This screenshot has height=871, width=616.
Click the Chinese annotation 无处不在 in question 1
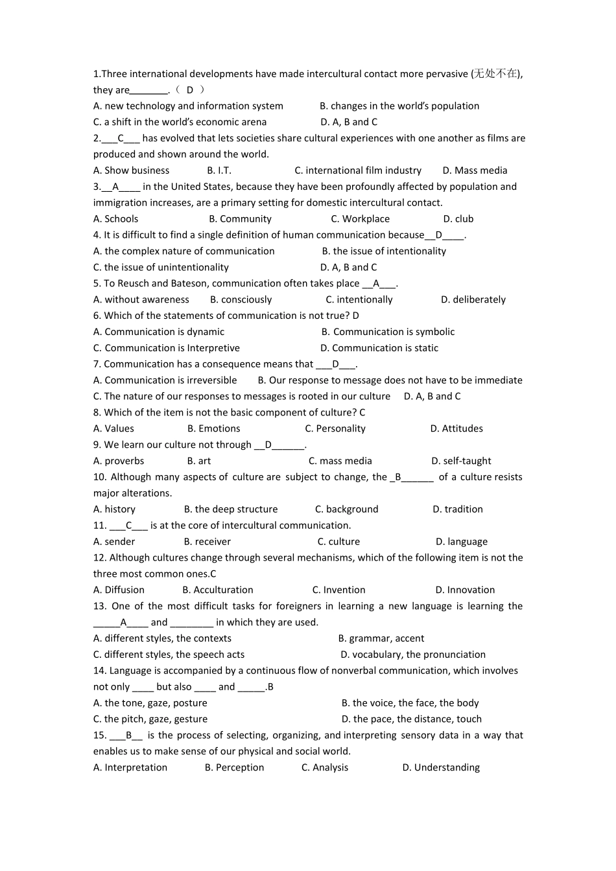click(496, 74)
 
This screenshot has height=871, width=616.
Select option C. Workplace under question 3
click(360, 219)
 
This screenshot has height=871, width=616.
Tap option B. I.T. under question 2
click(219, 170)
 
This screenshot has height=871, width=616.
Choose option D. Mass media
click(475, 170)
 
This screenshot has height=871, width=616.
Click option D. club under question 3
click(458, 219)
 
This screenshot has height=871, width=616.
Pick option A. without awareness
click(141, 299)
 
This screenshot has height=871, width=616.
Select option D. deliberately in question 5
click(473, 299)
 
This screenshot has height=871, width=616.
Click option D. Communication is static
click(379, 348)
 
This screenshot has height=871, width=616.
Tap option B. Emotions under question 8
click(213, 428)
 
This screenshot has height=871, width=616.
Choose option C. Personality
click(335, 428)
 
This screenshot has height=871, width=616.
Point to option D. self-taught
click(461, 461)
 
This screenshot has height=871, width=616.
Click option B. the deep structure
click(231, 509)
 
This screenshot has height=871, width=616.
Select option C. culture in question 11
click(338, 542)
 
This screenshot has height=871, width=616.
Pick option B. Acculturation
click(218, 590)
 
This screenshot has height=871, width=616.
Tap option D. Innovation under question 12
click(465, 590)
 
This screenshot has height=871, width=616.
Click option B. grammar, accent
click(381, 638)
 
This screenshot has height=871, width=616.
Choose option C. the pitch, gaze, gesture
click(150, 719)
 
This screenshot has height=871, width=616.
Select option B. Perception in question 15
click(234, 767)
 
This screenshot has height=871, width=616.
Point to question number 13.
click(99, 606)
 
